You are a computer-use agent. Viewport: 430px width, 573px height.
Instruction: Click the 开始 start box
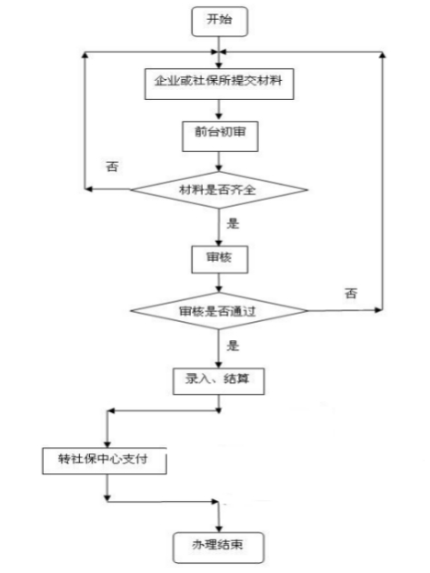point(220,22)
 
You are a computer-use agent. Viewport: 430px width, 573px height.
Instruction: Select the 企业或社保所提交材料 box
point(219,84)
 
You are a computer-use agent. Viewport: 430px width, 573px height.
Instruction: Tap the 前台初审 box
point(220,136)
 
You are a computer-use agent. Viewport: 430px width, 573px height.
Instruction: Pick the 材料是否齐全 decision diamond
point(219,190)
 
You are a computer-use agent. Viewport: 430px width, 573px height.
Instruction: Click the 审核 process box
point(220,259)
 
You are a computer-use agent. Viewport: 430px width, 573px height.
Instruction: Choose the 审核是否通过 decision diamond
point(219,311)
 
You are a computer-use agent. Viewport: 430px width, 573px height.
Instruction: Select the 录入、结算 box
point(218,381)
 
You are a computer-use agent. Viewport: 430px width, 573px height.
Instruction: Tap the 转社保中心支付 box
point(105,461)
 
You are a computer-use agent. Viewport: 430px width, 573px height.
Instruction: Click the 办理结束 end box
point(218,548)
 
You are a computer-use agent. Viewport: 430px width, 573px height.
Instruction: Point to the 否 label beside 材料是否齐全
point(112,166)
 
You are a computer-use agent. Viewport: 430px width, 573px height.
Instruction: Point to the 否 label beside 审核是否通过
point(351,293)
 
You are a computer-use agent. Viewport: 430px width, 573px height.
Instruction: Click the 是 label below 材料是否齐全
point(233,223)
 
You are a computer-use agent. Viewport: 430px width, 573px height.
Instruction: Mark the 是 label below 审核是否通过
point(233,346)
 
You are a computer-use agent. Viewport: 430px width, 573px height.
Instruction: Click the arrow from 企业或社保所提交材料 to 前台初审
point(219,110)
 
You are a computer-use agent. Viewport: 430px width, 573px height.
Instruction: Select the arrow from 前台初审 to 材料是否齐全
point(219,162)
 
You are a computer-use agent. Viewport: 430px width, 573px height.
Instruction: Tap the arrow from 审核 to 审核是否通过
point(219,283)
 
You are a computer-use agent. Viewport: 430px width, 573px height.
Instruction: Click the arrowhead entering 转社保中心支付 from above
point(107,444)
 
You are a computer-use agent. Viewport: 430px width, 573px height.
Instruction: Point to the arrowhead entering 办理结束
point(219,528)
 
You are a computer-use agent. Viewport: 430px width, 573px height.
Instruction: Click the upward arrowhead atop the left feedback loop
point(85,54)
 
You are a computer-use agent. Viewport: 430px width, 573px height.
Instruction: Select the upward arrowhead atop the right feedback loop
point(382,54)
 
